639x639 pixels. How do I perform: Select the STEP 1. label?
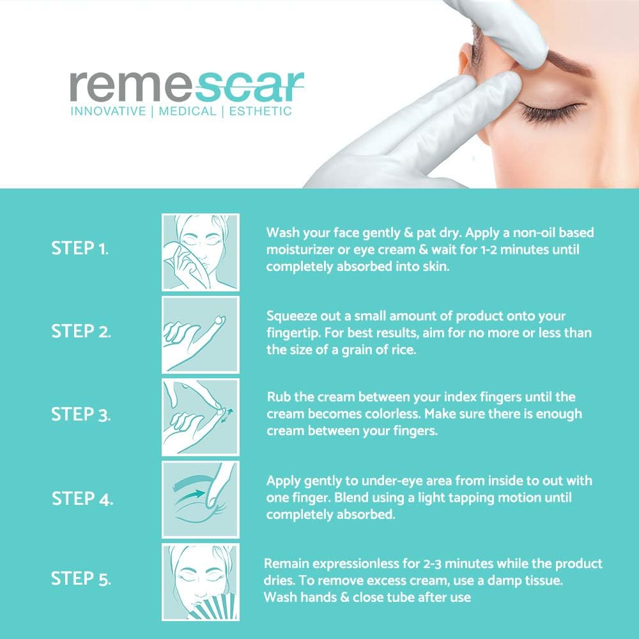point(80,249)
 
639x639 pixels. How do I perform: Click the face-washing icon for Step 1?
point(200,252)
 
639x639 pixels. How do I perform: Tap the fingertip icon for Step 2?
point(200,334)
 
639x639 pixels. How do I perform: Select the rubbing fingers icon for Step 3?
point(200,417)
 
